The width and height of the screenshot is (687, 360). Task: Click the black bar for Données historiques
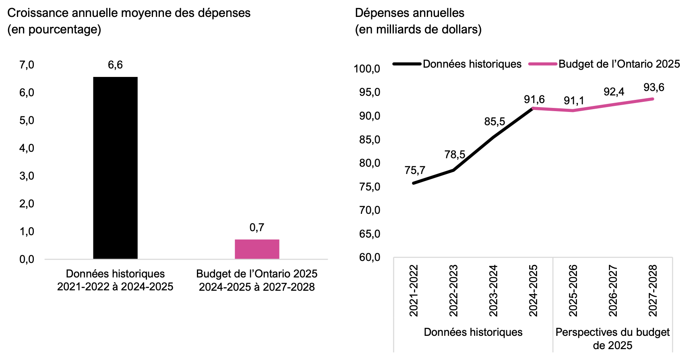115,168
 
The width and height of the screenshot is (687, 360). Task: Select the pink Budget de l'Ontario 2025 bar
257,249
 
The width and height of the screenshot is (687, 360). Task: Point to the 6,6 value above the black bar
115,65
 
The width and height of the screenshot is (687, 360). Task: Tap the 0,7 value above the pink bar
257,228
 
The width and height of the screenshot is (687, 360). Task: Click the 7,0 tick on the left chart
27,65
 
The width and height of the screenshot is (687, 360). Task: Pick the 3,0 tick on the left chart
27,176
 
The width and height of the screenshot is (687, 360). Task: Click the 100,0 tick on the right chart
367,69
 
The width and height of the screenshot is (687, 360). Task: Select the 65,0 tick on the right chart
369,234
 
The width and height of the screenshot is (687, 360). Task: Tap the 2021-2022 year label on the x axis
414,290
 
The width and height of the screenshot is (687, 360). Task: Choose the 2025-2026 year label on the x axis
573,290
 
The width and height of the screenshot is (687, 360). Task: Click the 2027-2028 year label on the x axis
653,290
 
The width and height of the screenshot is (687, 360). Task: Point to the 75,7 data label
415,170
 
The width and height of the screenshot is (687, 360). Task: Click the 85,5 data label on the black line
495,122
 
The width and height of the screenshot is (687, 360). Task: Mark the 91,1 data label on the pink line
574,101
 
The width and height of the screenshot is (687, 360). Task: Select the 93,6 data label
654,87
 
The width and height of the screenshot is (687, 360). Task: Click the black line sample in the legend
407,64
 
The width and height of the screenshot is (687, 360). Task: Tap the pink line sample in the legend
543,64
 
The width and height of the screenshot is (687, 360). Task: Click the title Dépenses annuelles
410,13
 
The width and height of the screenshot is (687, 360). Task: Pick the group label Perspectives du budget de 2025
613,339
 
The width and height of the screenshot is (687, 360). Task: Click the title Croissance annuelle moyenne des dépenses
129,13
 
